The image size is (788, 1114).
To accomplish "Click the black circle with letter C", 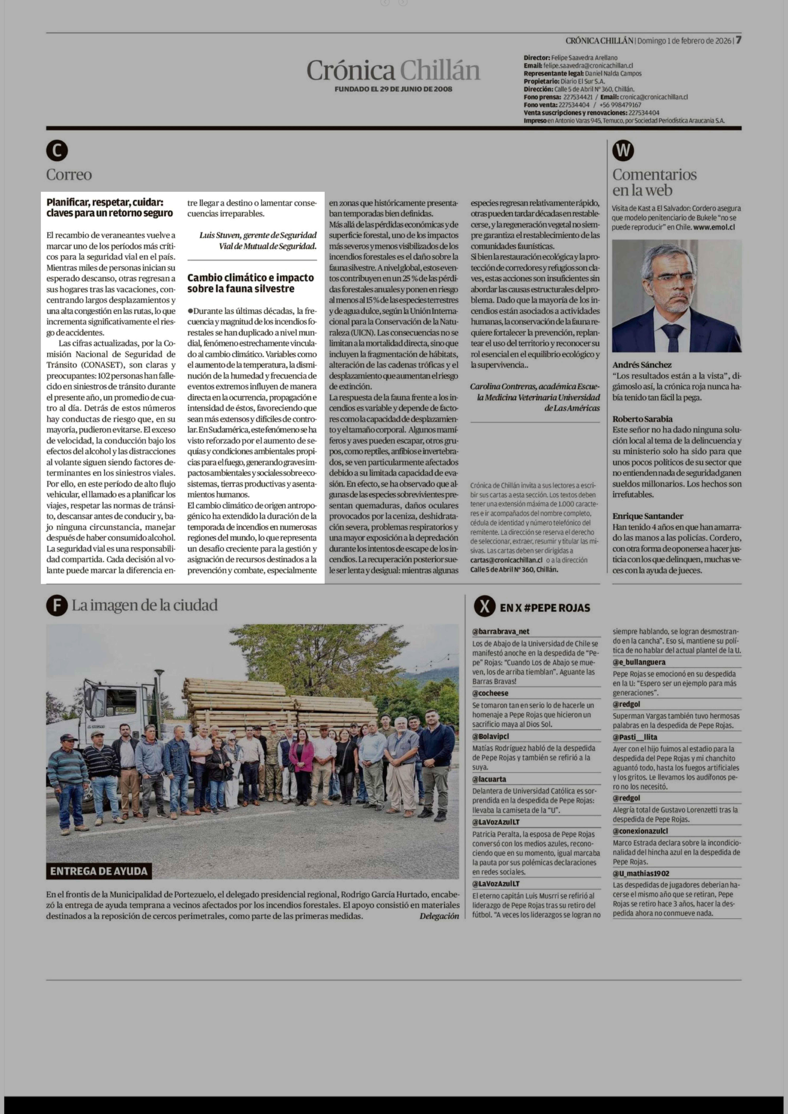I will click(57, 151).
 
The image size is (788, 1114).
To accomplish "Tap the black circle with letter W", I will click(623, 151).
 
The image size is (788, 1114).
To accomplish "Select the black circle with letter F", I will click(57, 606).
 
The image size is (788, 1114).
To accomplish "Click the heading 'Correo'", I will click(69, 175).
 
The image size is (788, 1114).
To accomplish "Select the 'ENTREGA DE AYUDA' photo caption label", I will click(99, 871).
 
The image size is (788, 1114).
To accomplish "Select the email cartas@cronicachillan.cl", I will click(507, 560).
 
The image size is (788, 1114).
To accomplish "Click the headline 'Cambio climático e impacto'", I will click(250, 278).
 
